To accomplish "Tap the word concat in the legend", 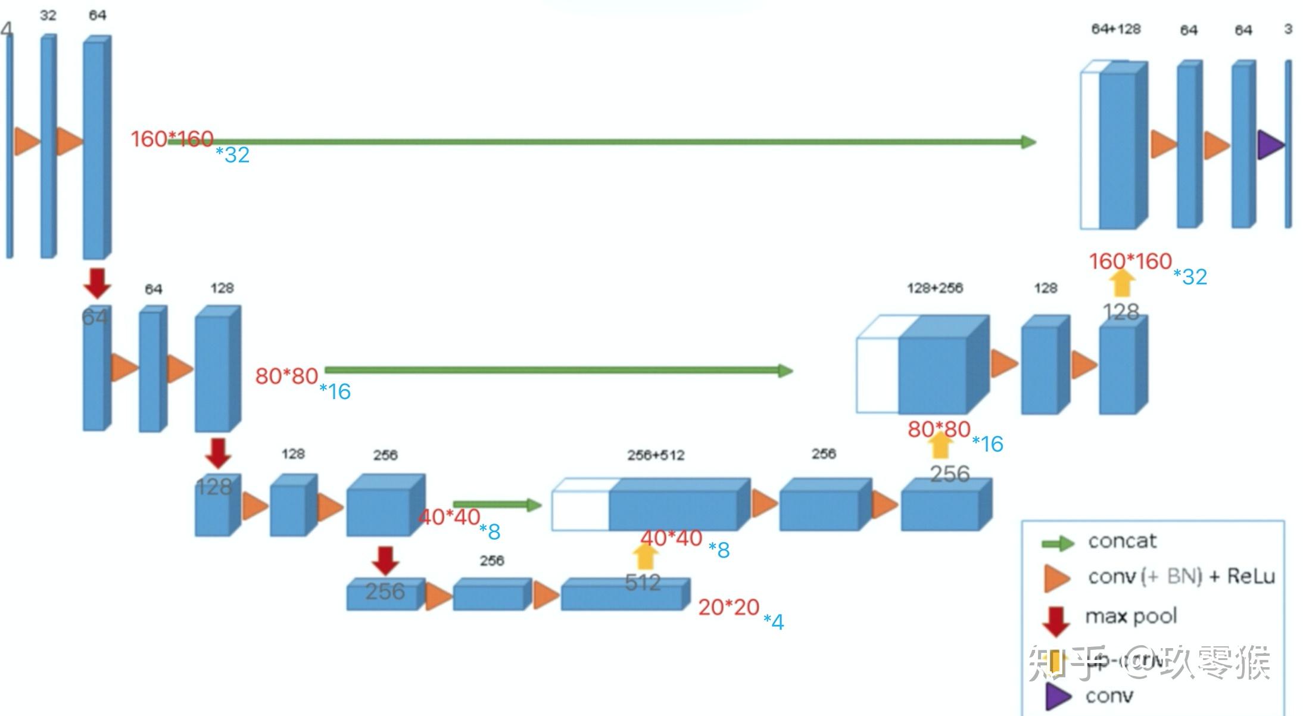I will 1122,541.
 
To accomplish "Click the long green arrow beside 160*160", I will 601,142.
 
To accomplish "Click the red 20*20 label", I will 728,608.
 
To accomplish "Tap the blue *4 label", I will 774,622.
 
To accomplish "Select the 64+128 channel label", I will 1115,29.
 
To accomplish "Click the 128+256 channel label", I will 934,288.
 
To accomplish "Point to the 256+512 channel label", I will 655,456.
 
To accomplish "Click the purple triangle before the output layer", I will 1270,145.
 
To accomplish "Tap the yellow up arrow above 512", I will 644,556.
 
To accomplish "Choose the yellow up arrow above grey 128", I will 1122,283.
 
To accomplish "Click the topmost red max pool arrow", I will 97,283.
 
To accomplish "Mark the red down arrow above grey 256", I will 385,561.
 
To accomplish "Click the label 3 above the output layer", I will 1288,29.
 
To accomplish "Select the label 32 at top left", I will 48,15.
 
